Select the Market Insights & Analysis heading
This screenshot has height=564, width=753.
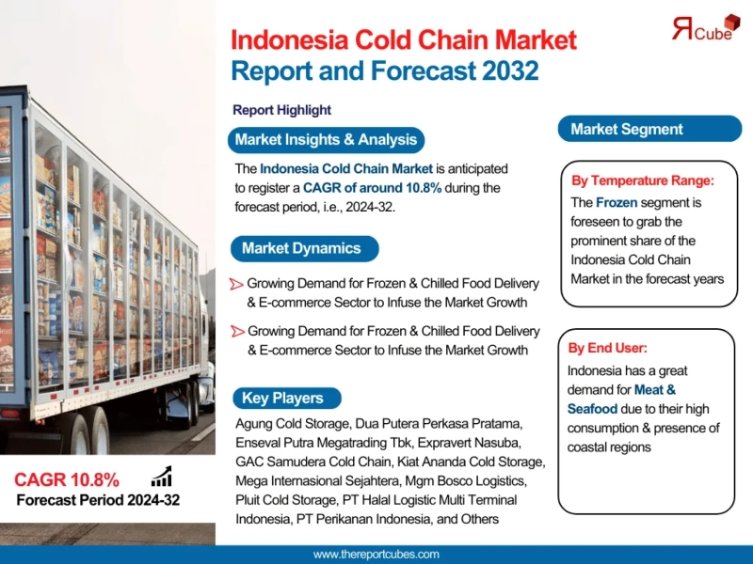coord(326,140)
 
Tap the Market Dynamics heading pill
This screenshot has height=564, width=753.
coord(301,248)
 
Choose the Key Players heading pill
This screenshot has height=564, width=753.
coord(282,398)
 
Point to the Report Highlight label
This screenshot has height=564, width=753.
coord(281,110)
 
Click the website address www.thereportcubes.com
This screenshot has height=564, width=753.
coord(376,555)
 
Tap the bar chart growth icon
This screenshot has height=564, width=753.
coord(161,478)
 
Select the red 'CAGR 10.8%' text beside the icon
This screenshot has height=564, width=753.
coord(67,479)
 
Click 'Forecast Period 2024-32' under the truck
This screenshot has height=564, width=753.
coord(98,500)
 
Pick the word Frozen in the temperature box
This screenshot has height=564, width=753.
coord(620,202)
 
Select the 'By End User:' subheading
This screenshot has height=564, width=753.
coord(607,348)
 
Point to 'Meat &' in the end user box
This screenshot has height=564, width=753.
coord(655,389)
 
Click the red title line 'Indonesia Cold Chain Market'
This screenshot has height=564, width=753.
coord(404,41)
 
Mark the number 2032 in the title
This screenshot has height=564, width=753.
coord(502,70)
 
